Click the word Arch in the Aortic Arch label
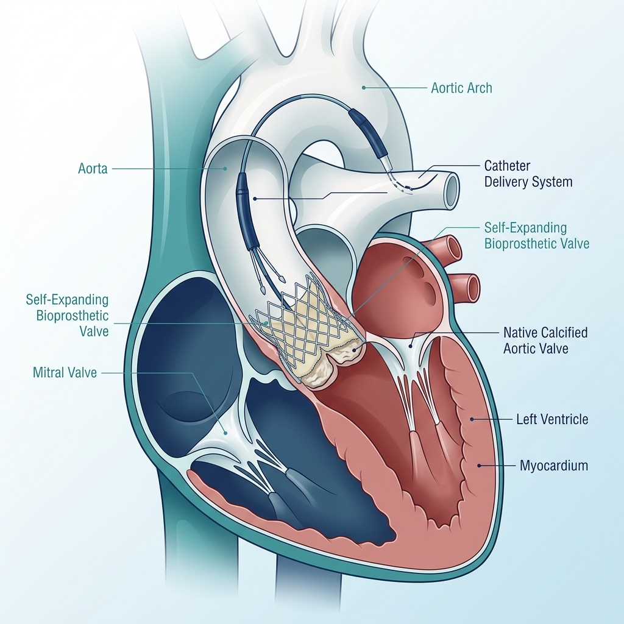tap(479, 88)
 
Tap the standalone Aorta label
tap(93, 169)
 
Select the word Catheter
tap(507, 166)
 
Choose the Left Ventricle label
tap(552, 419)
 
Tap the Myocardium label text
tap(553, 466)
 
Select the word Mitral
tap(47, 372)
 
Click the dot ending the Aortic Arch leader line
tap(363, 88)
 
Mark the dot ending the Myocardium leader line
tap(480, 465)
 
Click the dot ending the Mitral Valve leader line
tap(225, 433)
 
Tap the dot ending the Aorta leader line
tap(225, 169)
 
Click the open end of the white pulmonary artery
tap(452, 190)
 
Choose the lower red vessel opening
tap(473, 288)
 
